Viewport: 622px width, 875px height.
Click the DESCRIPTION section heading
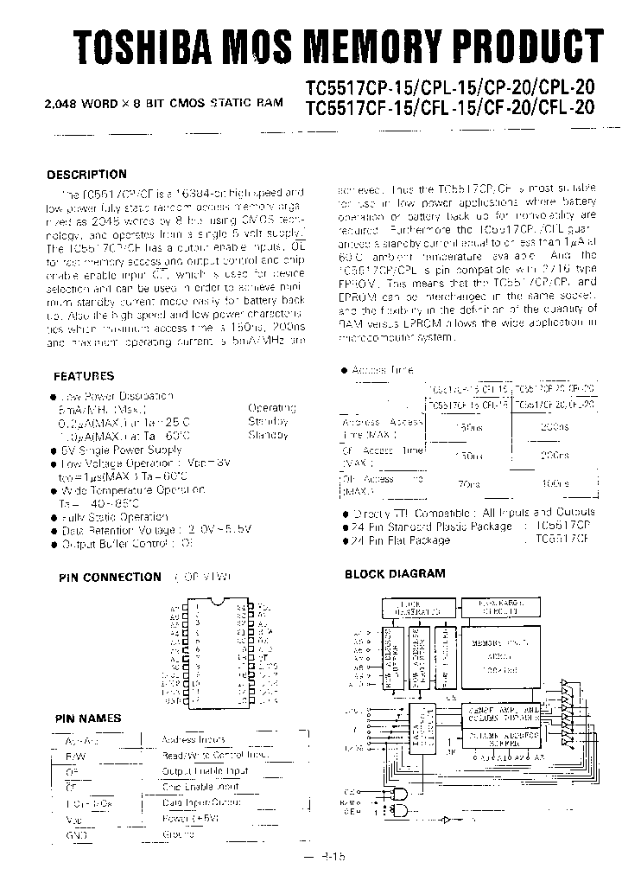coord(86,174)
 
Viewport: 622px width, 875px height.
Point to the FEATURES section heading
coord(84,376)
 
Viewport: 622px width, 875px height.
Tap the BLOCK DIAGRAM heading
coord(395,573)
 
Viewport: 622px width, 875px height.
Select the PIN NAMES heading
coord(88,719)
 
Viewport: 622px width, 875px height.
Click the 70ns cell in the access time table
coord(469,485)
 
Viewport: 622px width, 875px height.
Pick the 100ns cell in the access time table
coord(554,485)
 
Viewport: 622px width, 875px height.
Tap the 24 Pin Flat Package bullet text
coord(402,540)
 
